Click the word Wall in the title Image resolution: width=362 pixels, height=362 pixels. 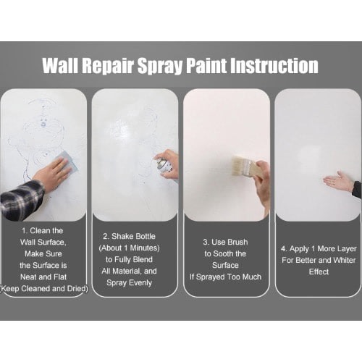60,65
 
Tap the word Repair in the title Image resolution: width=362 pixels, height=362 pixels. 108,67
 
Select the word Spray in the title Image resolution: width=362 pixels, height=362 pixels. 160,67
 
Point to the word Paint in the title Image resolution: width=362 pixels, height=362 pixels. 206,65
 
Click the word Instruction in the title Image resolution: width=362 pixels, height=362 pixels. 274,65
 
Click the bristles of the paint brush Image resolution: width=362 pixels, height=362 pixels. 240,166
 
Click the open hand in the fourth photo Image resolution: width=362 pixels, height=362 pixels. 338,182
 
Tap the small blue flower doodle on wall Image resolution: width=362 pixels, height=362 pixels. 43,125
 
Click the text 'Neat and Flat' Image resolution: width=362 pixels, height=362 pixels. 43,277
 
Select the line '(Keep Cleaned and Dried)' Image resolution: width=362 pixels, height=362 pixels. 44,289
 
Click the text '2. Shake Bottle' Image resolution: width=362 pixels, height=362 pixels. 129,236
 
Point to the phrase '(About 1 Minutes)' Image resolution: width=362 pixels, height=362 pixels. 129,248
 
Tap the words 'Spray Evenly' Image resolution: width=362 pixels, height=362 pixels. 129,283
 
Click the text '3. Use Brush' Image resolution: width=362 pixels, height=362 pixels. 225,242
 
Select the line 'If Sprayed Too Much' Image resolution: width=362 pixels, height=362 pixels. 225,277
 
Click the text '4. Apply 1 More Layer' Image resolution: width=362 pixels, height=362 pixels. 319,249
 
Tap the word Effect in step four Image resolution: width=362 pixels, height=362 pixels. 319,271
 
